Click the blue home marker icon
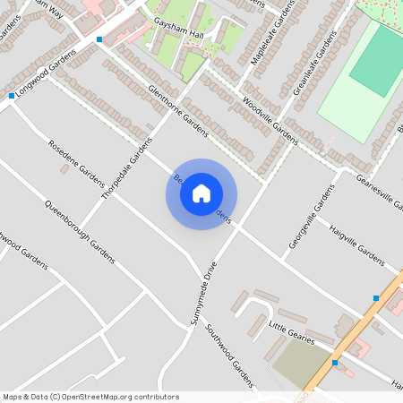click(201, 193)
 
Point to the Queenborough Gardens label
click(80, 230)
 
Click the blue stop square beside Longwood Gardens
click(12, 95)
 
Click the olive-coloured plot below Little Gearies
click(301, 365)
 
